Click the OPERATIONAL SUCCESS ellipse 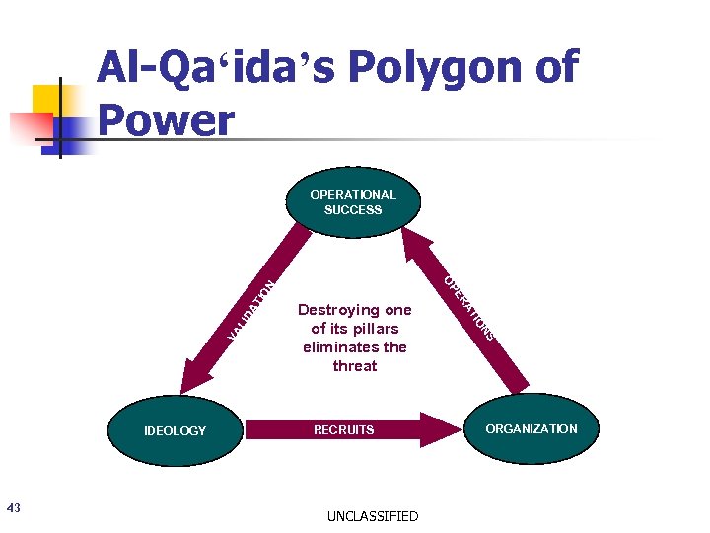point(353,202)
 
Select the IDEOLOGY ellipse point(176,430)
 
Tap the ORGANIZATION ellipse point(531,429)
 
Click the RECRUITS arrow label point(343,430)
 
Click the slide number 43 point(13,508)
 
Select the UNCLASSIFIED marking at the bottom point(373,516)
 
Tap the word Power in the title point(168,120)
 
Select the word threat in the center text point(355,366)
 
